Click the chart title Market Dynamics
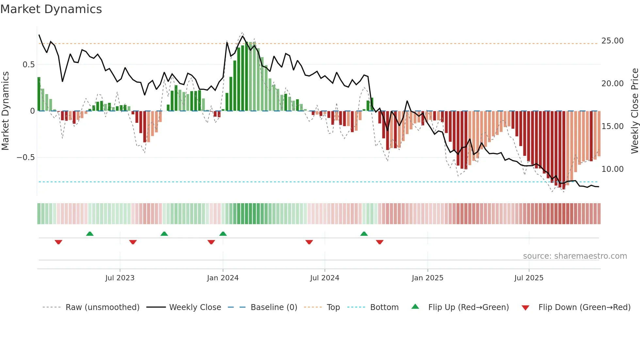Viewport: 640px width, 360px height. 51,9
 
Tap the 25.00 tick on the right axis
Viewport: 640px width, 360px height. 612,41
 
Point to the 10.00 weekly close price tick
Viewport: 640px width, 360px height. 612,169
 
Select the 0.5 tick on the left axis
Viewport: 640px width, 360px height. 28,65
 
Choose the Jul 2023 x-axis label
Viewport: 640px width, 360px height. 120,278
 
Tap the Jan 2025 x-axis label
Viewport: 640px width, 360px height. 427,278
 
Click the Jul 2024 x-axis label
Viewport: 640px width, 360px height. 325,278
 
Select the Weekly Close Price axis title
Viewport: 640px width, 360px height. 634,111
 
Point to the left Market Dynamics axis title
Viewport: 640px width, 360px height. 5,111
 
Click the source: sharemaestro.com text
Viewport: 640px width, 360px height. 575,256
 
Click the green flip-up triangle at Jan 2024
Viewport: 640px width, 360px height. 223,234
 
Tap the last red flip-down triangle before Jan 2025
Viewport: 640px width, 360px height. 379,242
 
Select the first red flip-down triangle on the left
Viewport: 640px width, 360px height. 58,242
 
